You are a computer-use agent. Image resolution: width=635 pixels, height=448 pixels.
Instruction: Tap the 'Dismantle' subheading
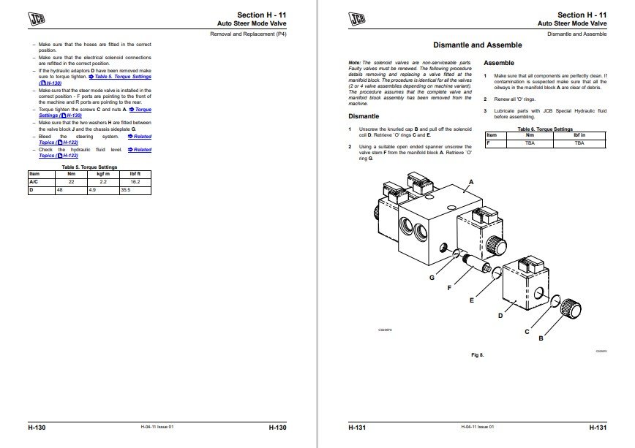point(363,116)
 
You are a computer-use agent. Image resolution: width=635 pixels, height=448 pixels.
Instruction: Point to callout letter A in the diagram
point(471,181)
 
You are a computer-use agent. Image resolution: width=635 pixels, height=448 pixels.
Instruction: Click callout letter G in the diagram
point(432,278)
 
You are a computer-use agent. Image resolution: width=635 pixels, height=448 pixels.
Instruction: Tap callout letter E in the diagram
point(472,300)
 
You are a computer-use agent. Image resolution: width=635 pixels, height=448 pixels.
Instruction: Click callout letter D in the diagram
point(500,316)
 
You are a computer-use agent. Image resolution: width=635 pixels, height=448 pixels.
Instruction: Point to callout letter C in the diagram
point(526,330)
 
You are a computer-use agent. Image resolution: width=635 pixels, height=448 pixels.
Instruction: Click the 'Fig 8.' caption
point(478,355)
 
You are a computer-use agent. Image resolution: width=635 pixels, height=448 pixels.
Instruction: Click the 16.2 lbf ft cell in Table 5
point(135,181)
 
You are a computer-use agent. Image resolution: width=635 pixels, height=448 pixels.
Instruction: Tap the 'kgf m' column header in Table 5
point(102,174)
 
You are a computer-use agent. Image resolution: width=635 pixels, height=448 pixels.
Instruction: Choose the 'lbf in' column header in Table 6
point(579,135)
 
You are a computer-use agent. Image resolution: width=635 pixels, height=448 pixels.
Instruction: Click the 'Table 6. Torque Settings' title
point(545,129)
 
